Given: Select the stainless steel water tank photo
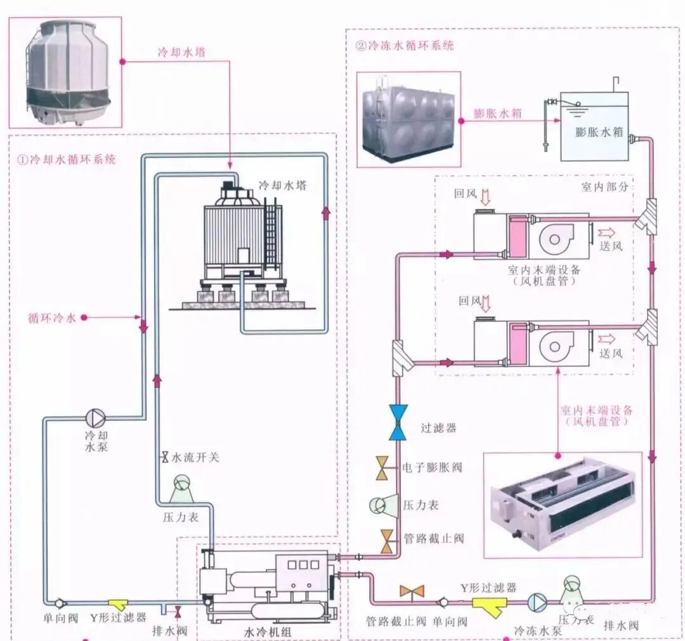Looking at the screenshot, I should coord(407,119).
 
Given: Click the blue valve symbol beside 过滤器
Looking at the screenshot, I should coord(398,422).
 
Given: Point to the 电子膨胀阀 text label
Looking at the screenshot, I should coord(432,467).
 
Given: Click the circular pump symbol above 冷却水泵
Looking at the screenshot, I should coord(96,417).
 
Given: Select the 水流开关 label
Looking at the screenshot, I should coord(194,457).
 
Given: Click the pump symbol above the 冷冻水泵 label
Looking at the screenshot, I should coord(537,601).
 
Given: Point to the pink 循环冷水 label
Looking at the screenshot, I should coord(52,318).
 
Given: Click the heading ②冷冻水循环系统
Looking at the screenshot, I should coord(405,46).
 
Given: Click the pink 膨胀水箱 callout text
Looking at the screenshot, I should coord(498,114).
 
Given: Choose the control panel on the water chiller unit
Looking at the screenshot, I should coord(301,564).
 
